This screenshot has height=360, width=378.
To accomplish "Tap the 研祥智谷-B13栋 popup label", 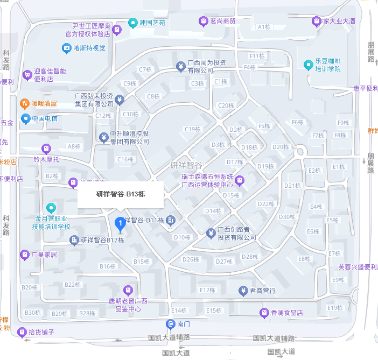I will click(x=120, y=194).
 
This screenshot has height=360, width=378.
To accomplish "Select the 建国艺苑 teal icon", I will click(x=132, y=23).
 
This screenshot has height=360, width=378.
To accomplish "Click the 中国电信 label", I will click(x=44, y=118).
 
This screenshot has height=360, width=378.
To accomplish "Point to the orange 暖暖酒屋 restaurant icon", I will click(x=24, y=103).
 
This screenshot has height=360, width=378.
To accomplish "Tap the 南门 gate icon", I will click(x=170, y=324).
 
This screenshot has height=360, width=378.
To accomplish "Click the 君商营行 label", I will click(x=263, y=291).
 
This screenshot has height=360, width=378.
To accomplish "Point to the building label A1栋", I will click(x=264, y=27).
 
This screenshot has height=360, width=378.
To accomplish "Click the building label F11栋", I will click(x=257, y=56).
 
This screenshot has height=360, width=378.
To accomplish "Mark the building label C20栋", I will click(x=226, y=105).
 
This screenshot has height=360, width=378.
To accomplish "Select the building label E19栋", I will click(x=335, y=308).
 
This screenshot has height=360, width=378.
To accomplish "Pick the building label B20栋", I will click(x=30, y=287).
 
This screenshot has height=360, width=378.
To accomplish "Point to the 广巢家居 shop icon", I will click(x=24, y=254).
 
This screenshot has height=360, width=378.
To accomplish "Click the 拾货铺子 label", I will click(x=41, y=332).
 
